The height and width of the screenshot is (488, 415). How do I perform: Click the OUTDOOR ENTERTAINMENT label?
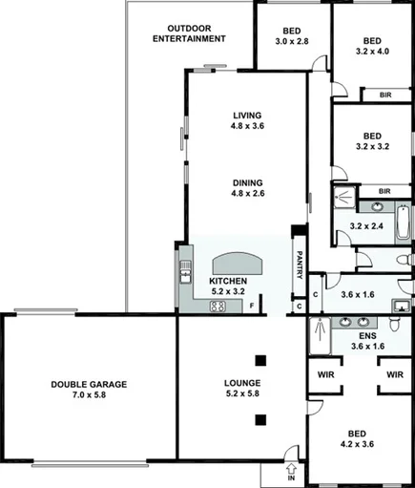click(195, 33)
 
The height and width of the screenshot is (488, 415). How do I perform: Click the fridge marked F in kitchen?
click(251, 306)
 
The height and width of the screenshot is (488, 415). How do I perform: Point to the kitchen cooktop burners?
click(218, 307)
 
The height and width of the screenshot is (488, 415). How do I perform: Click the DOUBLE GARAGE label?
click(89, 385)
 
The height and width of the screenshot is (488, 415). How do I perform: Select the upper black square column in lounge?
click(260, 361)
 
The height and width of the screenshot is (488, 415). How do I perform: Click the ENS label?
click(367, 336)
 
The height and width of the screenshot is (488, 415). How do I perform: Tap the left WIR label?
click(323, 375)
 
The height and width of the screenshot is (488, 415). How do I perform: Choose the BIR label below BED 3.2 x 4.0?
click(384, 95)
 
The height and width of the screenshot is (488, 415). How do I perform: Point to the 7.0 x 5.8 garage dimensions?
click(89, 396)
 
